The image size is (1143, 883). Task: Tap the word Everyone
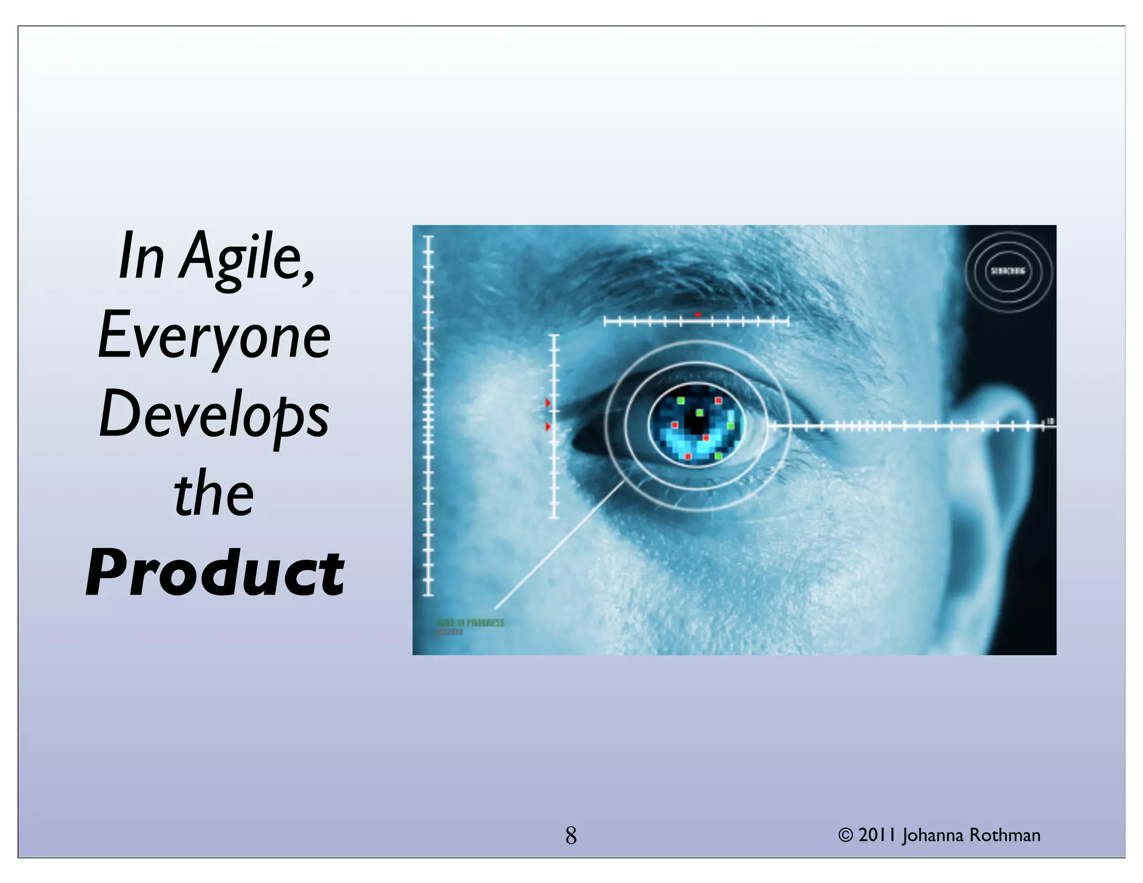214,337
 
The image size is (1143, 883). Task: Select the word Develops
214,416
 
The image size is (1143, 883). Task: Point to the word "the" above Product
214,495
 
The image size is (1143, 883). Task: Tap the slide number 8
570,836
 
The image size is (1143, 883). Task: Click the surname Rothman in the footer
1005,836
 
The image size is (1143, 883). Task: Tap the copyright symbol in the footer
846,836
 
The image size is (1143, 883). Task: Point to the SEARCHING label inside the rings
1008,271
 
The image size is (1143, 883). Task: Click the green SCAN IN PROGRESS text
470,622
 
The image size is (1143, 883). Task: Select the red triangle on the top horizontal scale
698,316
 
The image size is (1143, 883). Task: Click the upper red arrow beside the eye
548,403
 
